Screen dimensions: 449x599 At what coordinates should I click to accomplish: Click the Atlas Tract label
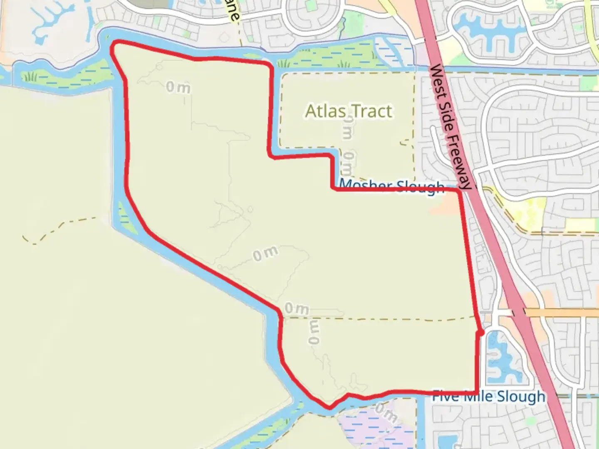pyautogui.click(x=349, y=111)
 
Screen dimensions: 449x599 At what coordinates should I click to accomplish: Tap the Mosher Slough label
pyautogui.click(x=392, y=187)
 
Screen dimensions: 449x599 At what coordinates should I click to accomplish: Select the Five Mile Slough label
pyautogui.click(x=488, y=396)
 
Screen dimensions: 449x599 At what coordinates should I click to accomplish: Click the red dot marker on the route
pyautogui.click(x=480, y=333)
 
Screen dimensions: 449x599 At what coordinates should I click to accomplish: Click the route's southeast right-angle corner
pyautogui.click(x=477, y=392)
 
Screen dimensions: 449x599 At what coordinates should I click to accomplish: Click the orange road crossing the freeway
pyautogui.click(x=562, y=312)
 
